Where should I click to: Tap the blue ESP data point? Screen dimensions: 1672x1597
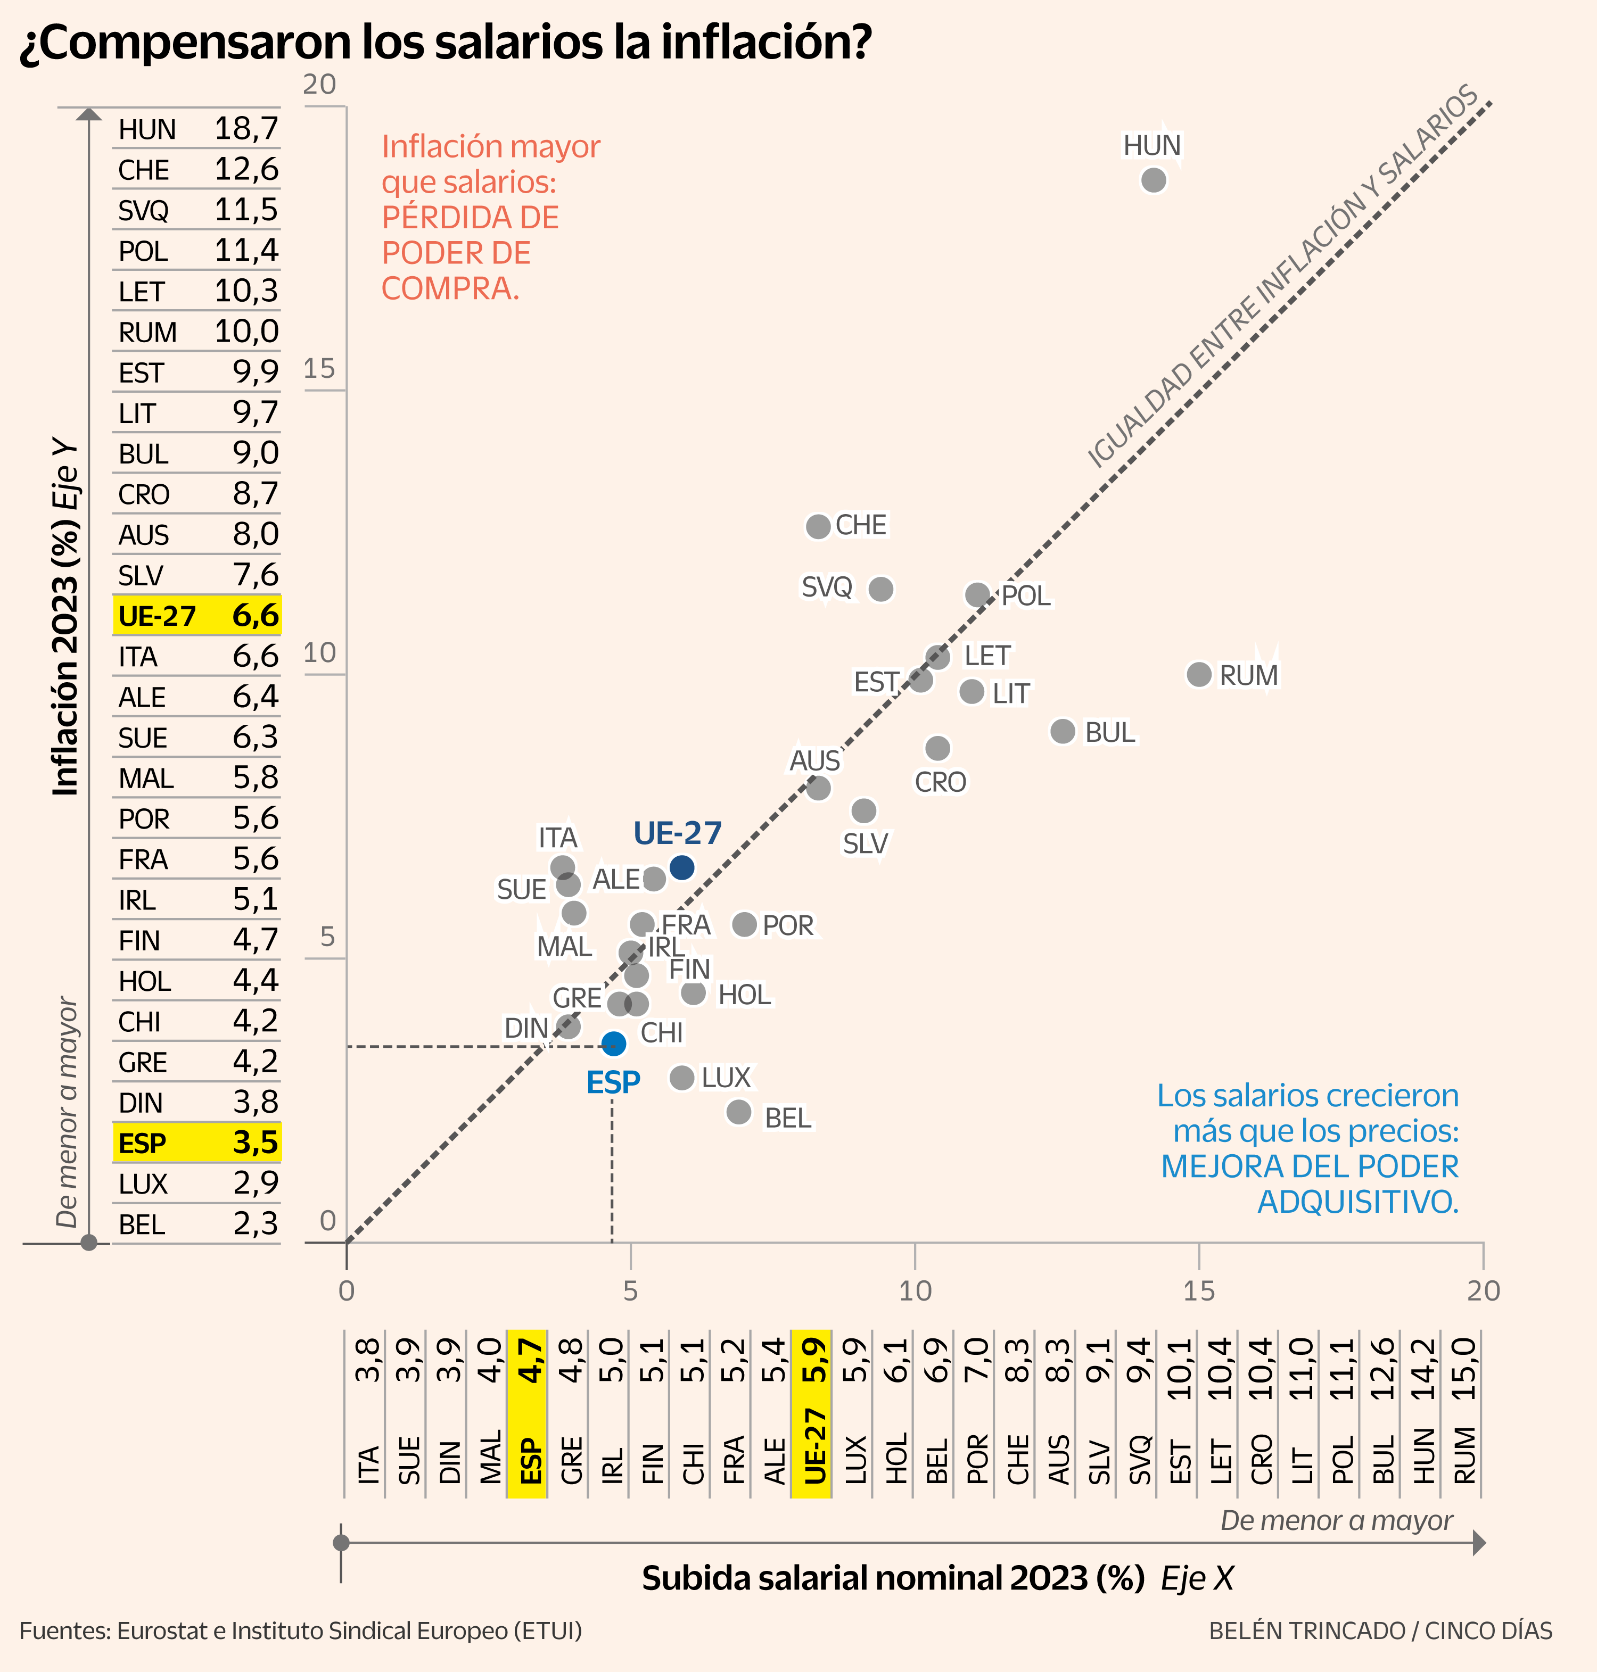pos(613,1043)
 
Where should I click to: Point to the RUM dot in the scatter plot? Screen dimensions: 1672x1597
pos(1199,674)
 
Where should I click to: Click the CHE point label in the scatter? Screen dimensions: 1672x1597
pos(861,525)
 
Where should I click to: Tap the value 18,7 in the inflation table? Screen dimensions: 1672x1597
pos(246,128)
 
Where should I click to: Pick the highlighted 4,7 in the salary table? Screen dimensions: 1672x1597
pos(530,1361)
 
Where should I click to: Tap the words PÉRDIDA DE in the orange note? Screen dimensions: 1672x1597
pos(470,218)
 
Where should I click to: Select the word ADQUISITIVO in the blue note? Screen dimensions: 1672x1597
pos(1357,1202)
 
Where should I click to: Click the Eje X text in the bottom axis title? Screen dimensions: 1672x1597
pos(1197,1578)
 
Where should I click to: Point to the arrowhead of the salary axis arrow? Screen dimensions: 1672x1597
pos(1479,1543)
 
